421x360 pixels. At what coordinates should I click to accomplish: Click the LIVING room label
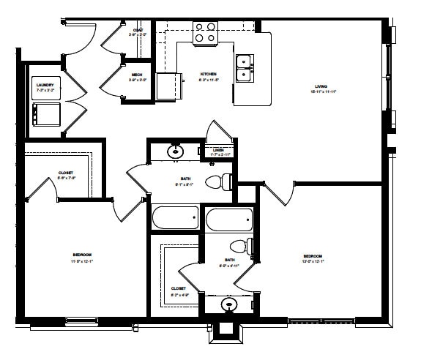[x=316, y=86]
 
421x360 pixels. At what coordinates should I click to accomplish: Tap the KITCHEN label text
[x=209, y=74]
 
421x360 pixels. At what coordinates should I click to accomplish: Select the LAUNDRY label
[x=45, y=86]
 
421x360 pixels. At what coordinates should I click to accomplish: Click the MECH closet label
[x=137, y=75]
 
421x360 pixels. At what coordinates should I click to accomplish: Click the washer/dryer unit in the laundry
[x=45, y=113]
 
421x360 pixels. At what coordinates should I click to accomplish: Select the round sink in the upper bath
[x=176, y=152]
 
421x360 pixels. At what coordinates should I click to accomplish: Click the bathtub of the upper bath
[x=175, y=217]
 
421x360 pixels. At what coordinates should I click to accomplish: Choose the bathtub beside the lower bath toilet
[x=229, y=220]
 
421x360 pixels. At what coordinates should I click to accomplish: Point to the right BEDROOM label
[x=313, y=255]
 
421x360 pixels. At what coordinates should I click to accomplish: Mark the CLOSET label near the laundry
[x=66, y=173]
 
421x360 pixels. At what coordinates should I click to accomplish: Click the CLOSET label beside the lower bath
[x=178, y=288]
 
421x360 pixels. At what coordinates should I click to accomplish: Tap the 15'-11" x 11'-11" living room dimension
[x=316, y=92]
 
